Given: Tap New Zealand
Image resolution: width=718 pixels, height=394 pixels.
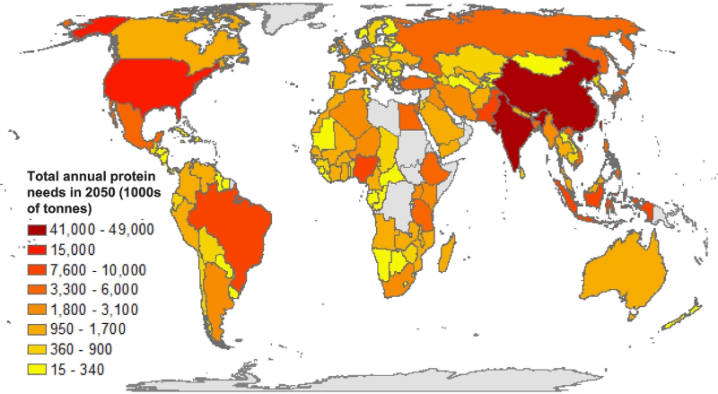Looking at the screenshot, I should pyautogui.click(x=684, y=314).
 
